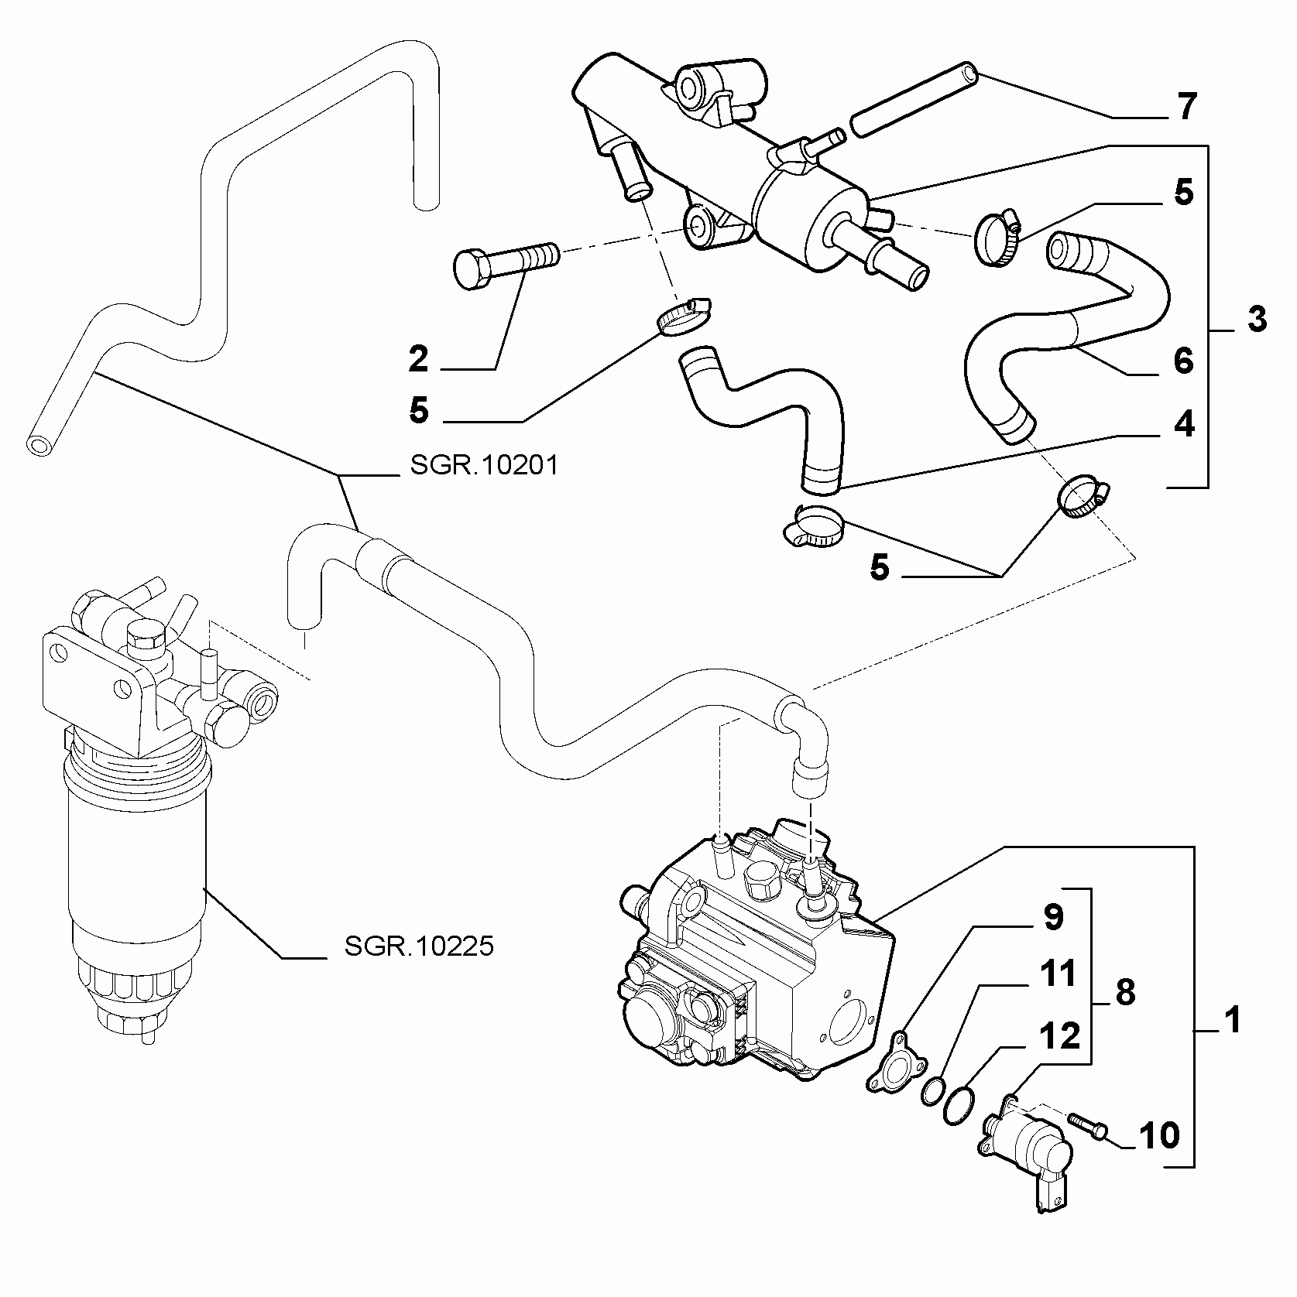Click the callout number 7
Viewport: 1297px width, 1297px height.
tap(1185, 106)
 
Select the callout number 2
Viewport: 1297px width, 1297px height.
tap(418, 359)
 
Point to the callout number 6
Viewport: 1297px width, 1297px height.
tap(1183, 361)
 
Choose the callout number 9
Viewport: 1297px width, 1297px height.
tap(1053, 917)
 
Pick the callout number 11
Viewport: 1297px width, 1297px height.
tap(1058, 974)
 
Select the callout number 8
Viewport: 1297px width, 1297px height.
tap(1125, 991)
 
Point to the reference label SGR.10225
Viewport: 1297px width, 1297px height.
tap(419, 946)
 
